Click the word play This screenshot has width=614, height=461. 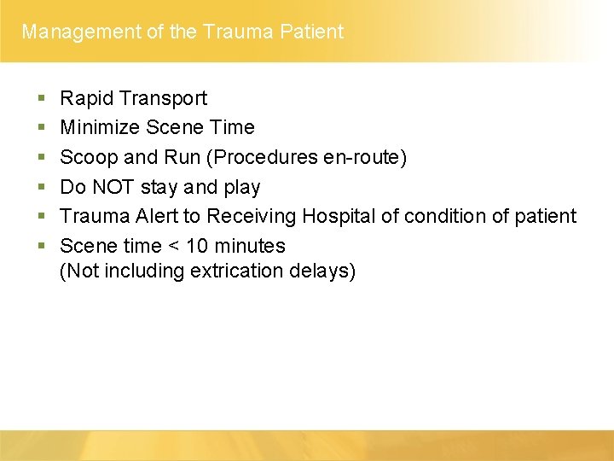click(241, 188)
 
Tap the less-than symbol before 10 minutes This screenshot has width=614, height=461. click(171, 247)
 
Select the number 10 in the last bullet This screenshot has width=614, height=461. click(197, 246)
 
